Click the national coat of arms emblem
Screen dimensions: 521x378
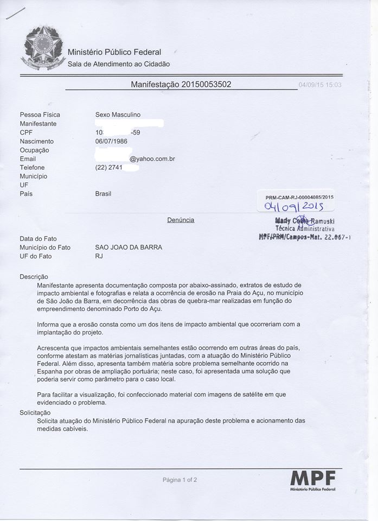[43, 48]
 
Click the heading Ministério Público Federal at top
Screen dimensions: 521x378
[114, 52]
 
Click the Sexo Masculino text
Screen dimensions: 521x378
[118, 115]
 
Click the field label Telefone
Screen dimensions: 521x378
[33, 168]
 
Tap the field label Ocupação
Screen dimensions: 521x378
[34, 150]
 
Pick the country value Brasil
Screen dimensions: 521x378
[103, 194]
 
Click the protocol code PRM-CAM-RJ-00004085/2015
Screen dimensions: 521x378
[299, 198]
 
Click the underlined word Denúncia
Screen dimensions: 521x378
[181, 220]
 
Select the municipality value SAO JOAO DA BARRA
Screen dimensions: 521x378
[129, 247]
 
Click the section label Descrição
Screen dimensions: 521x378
[34, 276]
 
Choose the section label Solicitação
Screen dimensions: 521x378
[35, 413]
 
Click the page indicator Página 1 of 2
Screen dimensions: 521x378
[180, 480]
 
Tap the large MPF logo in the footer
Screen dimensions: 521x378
[313, 479]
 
